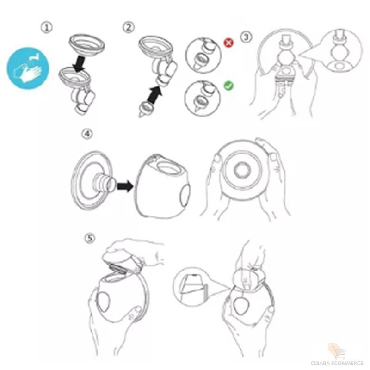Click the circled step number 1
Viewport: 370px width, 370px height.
point(47,27)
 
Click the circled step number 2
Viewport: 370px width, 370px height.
point(129,27)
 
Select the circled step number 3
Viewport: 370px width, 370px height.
point(246,37)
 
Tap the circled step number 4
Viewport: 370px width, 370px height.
point(87,134)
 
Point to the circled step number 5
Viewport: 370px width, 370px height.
point(90,238)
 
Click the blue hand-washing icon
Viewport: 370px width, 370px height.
point(28,68)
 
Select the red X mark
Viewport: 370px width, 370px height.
point(228,43)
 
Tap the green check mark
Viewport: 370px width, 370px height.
point(228,86)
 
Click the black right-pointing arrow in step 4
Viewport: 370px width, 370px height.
point(125,186)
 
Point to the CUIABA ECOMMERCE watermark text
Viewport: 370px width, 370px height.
point(337,363)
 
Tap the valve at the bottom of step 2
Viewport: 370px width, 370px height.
point(146,109)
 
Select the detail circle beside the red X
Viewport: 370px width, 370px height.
point(203,55)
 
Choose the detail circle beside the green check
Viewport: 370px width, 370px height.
point(203,98)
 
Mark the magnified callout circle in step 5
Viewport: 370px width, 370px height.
point(191,286)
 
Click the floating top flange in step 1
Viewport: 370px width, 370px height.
point(87,44)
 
